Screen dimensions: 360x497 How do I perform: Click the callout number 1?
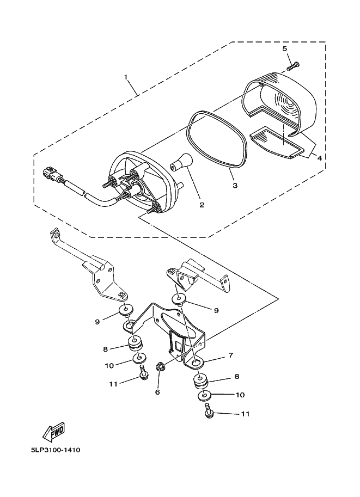pos(126,77)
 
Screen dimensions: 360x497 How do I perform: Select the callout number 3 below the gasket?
pos(235,185)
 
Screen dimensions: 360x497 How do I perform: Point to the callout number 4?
pos(320,158)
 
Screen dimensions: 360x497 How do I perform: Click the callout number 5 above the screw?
pos(284,49)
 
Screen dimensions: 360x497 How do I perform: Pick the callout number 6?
pos(157,391)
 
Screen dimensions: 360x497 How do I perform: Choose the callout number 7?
pos(230,355)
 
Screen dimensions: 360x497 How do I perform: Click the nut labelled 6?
pos(161,367)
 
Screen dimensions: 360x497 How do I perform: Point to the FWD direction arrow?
pos(53,432)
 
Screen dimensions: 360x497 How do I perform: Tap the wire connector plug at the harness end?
pos(50,174)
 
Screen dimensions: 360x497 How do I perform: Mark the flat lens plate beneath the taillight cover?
pos(278,143)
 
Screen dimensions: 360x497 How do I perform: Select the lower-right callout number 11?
pos(245,414)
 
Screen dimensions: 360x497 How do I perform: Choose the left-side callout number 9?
pos(97,321)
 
